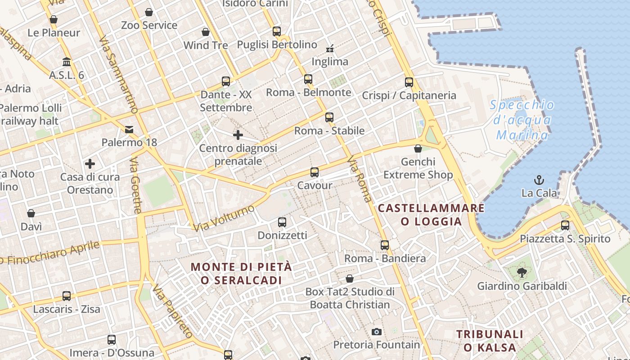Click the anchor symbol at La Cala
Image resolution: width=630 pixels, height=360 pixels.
(539, 180)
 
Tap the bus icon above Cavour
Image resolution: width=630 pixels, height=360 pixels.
(315, 172)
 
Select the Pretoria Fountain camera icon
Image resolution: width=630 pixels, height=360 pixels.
(377, 332)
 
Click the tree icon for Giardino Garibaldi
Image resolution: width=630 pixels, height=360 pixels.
(522, 273)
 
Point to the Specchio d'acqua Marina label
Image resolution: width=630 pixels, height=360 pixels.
(522, 120)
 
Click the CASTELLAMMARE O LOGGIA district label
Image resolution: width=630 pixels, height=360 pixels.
(431, 215)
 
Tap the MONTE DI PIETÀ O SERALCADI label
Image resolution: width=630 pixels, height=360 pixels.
(241, 273)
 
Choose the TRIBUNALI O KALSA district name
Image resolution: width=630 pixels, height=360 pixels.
(490, 341)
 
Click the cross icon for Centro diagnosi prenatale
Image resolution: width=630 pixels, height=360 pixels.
(238, 135)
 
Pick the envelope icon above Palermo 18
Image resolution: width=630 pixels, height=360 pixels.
(129, 130)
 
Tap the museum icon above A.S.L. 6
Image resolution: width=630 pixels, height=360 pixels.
(67, 62)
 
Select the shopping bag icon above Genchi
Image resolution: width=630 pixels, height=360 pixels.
(418, 148)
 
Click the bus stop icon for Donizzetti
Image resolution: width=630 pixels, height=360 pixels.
(282, 222)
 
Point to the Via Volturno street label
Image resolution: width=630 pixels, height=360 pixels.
(224, 218)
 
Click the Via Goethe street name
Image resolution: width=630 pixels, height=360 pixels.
(135, 185)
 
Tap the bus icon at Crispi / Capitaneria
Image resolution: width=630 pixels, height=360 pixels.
(409, 82)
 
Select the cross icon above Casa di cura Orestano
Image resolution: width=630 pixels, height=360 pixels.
(90, 164)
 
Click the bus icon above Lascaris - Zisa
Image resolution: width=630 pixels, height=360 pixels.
(67, 296)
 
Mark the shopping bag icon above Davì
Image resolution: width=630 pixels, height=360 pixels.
(31, 213)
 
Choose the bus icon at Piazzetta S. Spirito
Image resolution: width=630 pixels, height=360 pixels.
(565, 225)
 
